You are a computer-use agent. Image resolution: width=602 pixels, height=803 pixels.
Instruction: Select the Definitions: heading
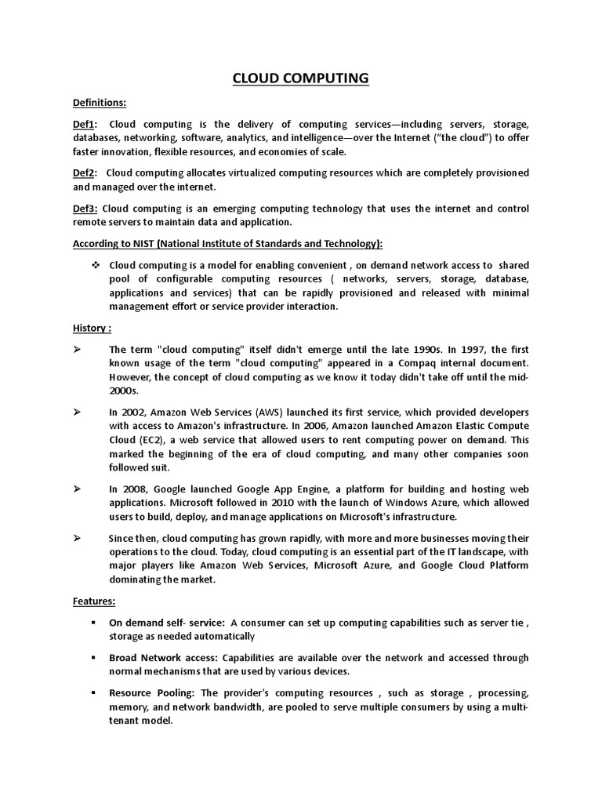pos(100,103)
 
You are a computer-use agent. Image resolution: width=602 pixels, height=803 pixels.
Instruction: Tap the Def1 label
pos(85,124)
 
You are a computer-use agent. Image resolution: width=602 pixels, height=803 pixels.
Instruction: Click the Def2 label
pos(85,173)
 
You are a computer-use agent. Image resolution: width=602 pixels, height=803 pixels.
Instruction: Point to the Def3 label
pos(85,208)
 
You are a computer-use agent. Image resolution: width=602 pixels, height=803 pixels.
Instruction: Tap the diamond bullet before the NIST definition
pos(96,265)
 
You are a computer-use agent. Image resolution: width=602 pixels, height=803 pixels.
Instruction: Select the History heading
pos(92,328)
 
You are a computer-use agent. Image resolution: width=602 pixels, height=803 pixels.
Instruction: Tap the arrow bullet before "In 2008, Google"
pos(78,489)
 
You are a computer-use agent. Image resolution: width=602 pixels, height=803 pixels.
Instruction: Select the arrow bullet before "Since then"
pos(78,538)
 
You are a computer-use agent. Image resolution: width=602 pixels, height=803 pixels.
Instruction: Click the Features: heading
pos(94,601)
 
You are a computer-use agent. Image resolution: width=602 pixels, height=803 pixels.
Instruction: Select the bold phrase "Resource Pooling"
pos(152,693)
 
